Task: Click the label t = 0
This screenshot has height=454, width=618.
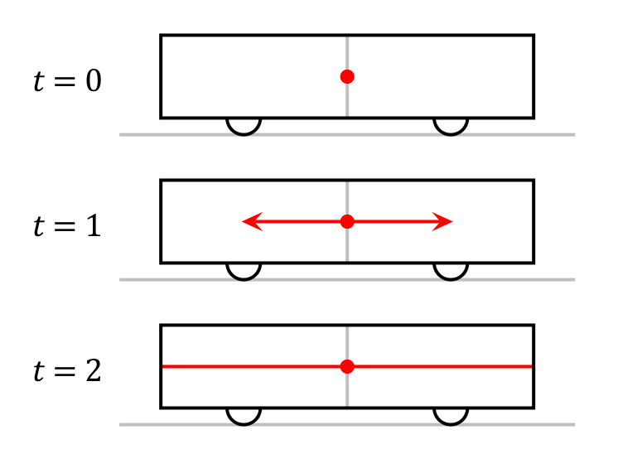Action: (x=67, y=83)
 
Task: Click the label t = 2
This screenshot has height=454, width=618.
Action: (x=67, y=371)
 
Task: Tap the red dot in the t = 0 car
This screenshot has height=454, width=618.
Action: (x=347, y=76)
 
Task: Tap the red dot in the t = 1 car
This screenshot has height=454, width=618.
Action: (x=347, y=221)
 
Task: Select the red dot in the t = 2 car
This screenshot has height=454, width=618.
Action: (x=347, y=366)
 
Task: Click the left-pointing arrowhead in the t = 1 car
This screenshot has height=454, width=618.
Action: (x=249, y=221)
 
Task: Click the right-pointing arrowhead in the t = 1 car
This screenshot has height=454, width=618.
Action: (x=446, y=221)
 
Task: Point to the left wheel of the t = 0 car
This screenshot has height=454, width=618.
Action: (x=244, y=125)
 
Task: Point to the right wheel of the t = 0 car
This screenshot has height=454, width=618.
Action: (x=451, y=125)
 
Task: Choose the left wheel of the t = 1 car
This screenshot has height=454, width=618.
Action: (x=244, y=270)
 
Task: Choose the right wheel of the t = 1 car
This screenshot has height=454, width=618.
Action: (x=451, y=270)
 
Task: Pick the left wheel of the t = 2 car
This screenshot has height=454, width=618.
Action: (x=244, y=415)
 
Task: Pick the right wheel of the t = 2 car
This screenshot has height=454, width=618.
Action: (x=451, y=415)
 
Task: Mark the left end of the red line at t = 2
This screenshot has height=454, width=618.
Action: (x=163, y=366)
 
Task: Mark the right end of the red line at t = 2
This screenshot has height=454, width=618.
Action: (x=531, y=366)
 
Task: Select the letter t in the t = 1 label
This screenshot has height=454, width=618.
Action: (x=39, y=227)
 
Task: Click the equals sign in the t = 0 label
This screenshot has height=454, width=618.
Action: (x=65, y=84)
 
